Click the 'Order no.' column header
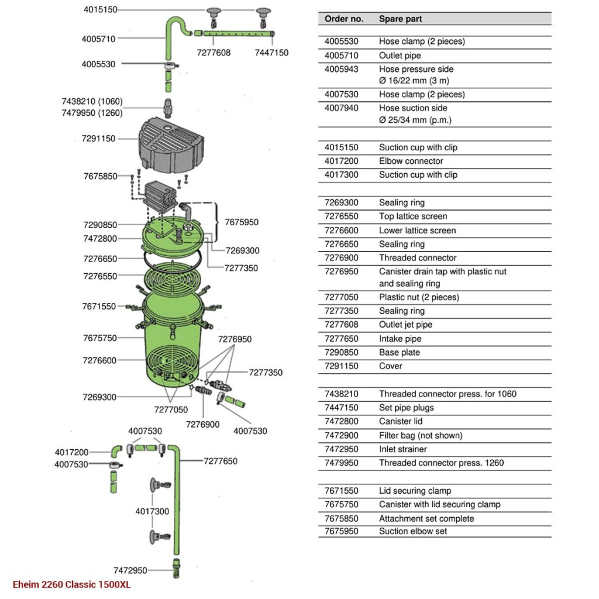(344, 19)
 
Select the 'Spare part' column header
(400, 19)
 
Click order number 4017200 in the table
(342, 161)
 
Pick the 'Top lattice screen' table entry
(413, 216)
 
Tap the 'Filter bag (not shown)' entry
(421, 435)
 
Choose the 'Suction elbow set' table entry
(413, 531)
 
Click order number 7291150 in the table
(342, 366)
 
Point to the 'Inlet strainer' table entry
(402, 449)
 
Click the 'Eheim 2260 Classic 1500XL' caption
(72, 584)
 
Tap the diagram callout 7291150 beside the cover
(98, 139)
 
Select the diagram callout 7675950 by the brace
(242, 222)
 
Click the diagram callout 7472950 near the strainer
(130, 570)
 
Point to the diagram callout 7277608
(214, 53)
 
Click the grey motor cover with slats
(171, 144)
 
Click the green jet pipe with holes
(239, 33)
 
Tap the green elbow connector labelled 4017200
(116, 451)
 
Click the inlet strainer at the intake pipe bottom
(176, 568)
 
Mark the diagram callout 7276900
(203, 425)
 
